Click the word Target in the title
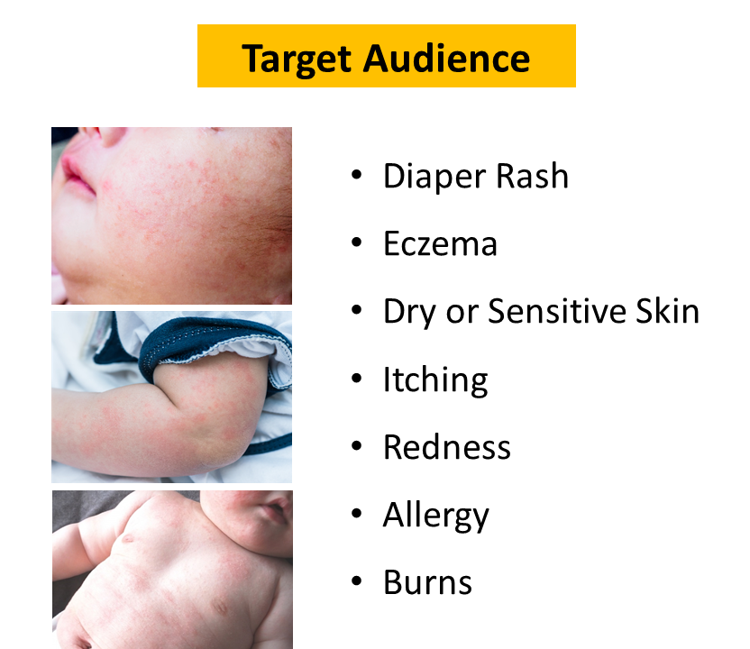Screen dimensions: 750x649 [x=297, y=59]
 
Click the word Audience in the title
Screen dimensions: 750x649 [x=446, y=59]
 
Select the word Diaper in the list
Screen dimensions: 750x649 [x=434, y=177]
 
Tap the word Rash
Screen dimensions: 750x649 [x=532, y=176]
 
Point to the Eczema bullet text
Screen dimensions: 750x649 [x=440, y=244]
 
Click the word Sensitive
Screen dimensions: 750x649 [x=557, y=311]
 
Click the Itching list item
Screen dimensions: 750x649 [x=435, y=380]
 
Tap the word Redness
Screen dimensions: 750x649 [x=447, y=447]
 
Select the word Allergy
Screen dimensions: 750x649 [x=435, y=516]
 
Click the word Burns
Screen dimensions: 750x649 [x=427, y=582]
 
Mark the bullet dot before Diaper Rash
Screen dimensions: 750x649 [x=356, y=175]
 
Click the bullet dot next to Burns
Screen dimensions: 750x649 [x=356, y=581]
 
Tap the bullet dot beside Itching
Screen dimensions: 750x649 [x=356, y=379]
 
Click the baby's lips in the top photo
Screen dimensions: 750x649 [x=76, y=175]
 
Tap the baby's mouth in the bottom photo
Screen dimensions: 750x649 [x=276, y=510]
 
